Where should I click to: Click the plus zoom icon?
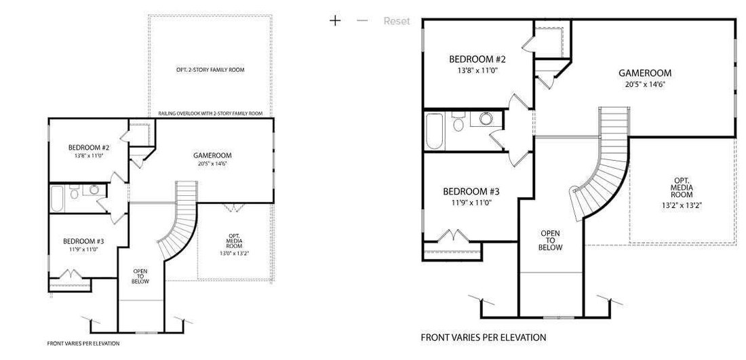336,20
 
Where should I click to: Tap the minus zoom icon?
362,20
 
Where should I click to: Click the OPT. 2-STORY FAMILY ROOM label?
210,70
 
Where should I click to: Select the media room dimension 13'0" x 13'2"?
235,254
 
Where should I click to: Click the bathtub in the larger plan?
434,131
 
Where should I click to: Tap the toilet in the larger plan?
459,122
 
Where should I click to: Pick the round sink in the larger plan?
486,119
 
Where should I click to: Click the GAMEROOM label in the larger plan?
645,73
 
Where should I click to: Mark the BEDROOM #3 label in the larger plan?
471,192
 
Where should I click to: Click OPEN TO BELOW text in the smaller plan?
140,277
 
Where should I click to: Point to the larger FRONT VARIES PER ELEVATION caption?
484,338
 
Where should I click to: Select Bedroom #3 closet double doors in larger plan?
453,236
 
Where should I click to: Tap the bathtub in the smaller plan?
57,199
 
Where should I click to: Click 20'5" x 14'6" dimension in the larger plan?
645,84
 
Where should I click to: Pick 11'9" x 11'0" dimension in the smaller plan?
83,249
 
